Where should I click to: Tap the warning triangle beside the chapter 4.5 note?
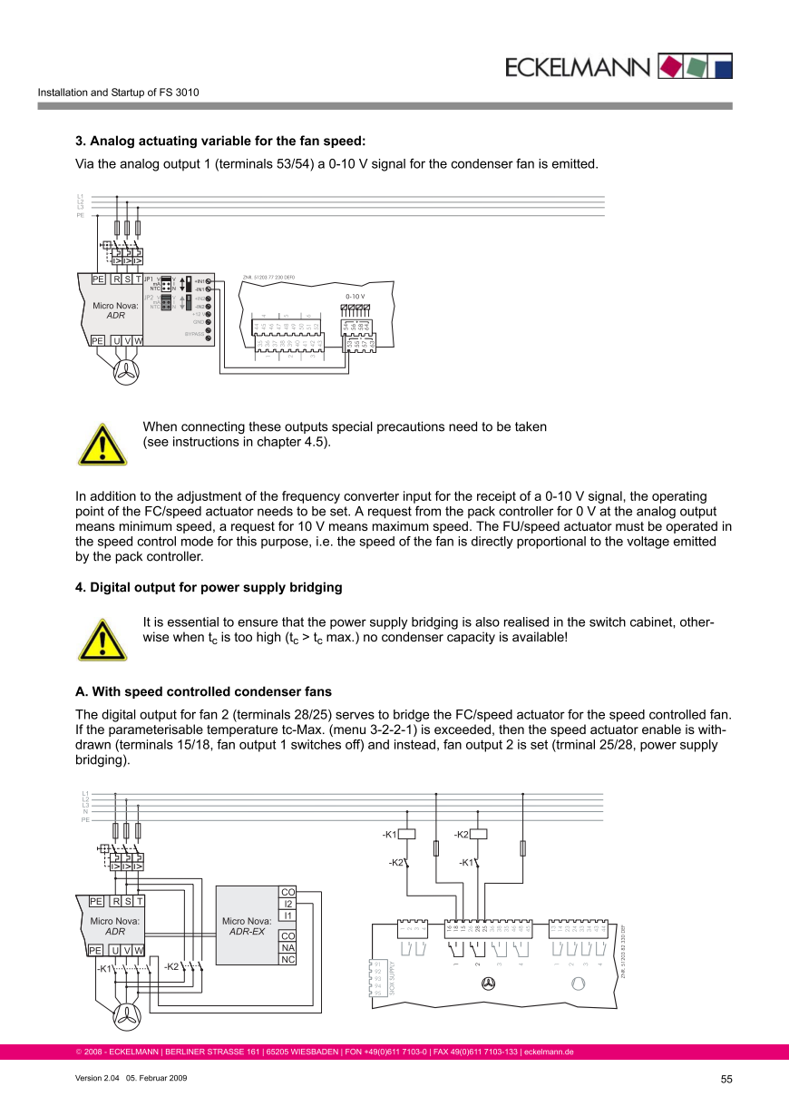[x=102, y=444]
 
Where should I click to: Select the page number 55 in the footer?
[x=726, y=1079]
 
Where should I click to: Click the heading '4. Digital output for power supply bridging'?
[x=209, y=587]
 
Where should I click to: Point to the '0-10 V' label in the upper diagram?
[x=356, y=296]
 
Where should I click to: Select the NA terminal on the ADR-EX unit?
[x=287, y=947]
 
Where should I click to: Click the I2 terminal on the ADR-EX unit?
[x=287, y=904]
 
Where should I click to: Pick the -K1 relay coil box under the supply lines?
[x=407, y=834]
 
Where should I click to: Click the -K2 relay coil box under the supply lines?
[x=479, y=834]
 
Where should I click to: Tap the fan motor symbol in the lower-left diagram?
[x=127, y=1015]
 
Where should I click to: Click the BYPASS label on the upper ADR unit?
[x=193, y=334]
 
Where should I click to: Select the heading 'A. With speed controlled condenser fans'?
[x=203, y=691]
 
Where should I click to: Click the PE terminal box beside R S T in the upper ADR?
[x=97, y=279]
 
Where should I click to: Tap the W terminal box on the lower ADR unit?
[x=139, y=950]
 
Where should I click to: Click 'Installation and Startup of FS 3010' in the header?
[x=118, y=93]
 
